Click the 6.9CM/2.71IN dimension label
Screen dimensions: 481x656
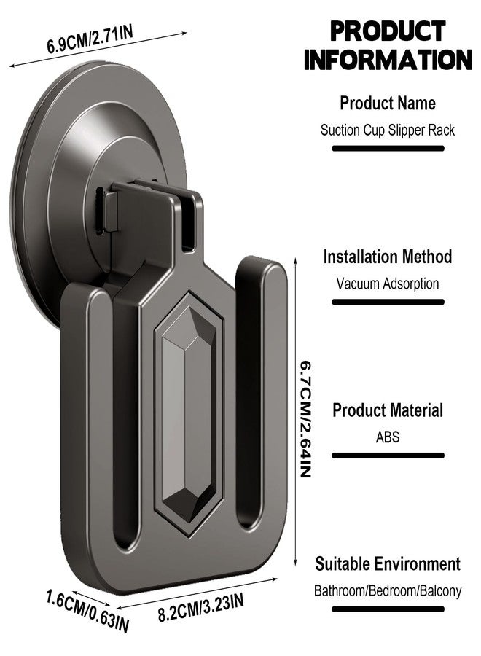90,40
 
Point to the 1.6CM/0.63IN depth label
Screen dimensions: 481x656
87,611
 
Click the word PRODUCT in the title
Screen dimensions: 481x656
388,31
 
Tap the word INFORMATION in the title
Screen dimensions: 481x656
388,60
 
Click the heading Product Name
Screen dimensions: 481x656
388,103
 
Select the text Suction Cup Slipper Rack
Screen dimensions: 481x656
388,130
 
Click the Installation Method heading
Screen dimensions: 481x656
388,257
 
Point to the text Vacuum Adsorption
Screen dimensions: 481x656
388,284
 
